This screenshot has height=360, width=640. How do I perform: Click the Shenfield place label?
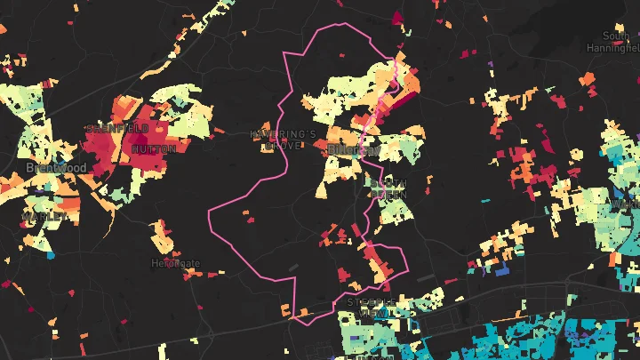117,129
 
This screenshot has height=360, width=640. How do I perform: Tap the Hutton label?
153,148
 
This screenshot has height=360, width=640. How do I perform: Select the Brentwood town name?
56,167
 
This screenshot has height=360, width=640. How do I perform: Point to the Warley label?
44,216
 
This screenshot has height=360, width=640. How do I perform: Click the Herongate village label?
176,264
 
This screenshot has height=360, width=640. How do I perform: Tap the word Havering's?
283,134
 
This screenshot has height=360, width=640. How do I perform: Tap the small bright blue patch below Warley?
51,255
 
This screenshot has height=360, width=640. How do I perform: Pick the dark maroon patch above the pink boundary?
398,15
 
